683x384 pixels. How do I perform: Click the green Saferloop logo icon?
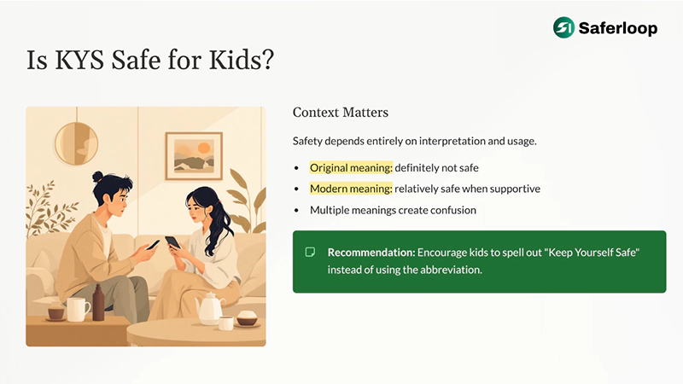click(x=564, y=27)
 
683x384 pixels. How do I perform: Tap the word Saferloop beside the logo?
click(x=618, y=28)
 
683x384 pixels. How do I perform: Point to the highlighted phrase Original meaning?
click(x=350, y=167)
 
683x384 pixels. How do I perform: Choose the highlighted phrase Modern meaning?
click(x=350, y=189)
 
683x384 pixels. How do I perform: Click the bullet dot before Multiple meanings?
click(x=296, y=210)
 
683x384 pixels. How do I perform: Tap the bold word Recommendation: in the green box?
click(x=370, y=253)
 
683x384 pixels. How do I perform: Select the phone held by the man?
click(x=152, y=244)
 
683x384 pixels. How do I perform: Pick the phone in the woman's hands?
click(x=173, y=242)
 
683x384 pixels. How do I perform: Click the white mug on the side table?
click(x=77, y=309)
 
